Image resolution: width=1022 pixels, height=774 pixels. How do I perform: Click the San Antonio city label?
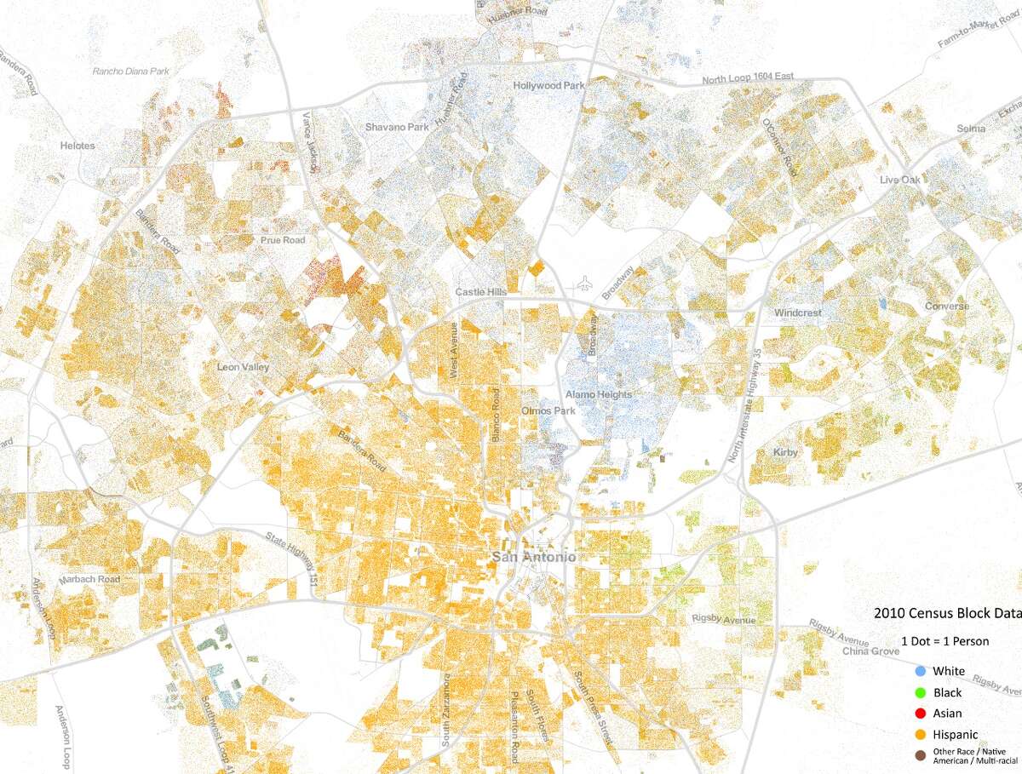[x=534, y=557]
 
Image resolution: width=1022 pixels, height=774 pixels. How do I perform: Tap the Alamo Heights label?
[x=599, y=394]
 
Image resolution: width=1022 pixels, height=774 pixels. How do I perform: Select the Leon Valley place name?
[x=243, y=367]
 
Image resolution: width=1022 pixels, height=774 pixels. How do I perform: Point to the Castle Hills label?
[x=481, y=292]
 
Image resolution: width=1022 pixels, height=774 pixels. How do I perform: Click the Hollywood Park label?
[x=548, y=86]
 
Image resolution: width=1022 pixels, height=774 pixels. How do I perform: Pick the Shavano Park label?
[x=397, y=127]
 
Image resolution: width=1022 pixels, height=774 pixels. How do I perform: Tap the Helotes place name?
[x=78, y=146]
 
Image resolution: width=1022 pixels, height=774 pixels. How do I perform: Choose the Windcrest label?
[x=798, y=312]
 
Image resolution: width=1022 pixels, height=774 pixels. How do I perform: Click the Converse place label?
[x=947, y=306]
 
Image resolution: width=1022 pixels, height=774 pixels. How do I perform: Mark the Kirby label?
[x=786, y=452]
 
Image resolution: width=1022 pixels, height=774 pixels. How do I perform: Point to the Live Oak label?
[x=900, y=180]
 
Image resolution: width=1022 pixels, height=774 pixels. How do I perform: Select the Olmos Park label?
[x=543, y=410]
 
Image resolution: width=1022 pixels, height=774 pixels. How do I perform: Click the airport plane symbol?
[x=583, y=282]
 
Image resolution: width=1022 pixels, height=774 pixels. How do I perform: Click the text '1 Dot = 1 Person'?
[x=945, y=641]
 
